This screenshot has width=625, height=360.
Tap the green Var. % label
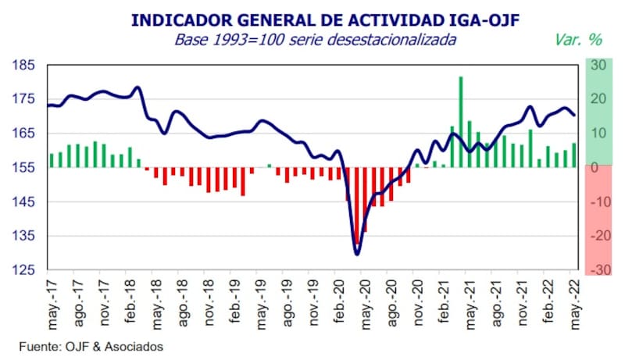coord(578,39)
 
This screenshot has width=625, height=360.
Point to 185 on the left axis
coord(26,66)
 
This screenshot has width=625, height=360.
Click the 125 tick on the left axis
coord(26,270)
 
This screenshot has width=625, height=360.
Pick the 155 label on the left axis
coord(26,168)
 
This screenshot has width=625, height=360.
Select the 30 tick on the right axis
coord(598,66)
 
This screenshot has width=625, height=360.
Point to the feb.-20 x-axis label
coord(341,301)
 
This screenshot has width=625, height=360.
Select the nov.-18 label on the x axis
coord(209,301)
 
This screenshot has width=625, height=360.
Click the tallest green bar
coord(461,121)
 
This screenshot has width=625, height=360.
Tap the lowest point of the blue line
coord(357,254)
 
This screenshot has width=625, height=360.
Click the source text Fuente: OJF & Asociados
coord(92,345)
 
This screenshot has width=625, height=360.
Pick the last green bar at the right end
coord(574,155)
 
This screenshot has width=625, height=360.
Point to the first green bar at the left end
coord(52,160)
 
